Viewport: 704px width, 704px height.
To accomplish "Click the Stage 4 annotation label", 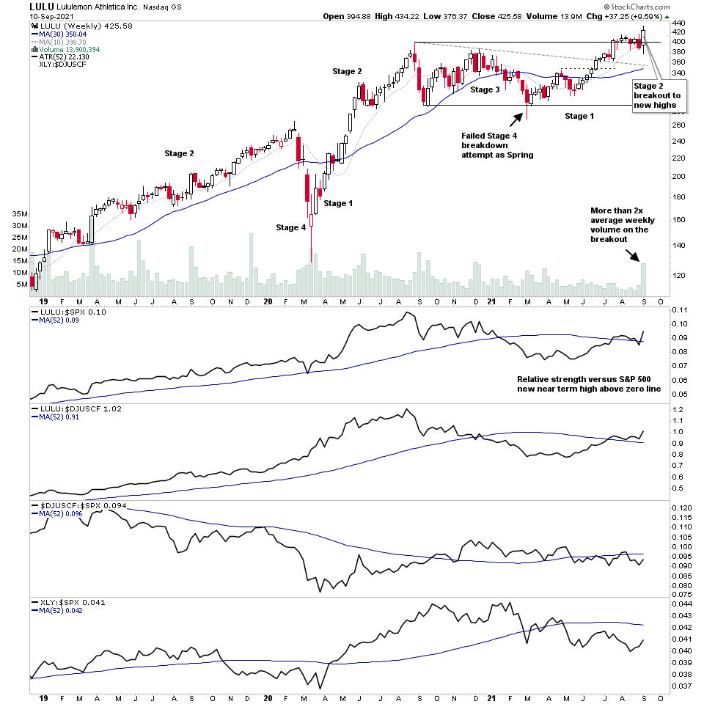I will (291, 227).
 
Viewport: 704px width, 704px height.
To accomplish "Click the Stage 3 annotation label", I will (485, 89).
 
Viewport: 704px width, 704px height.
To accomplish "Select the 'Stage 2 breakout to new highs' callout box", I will (657, 96).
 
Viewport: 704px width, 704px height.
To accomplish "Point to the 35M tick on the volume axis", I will (19, 214).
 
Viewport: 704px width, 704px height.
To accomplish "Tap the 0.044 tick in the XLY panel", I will (682, 604).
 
